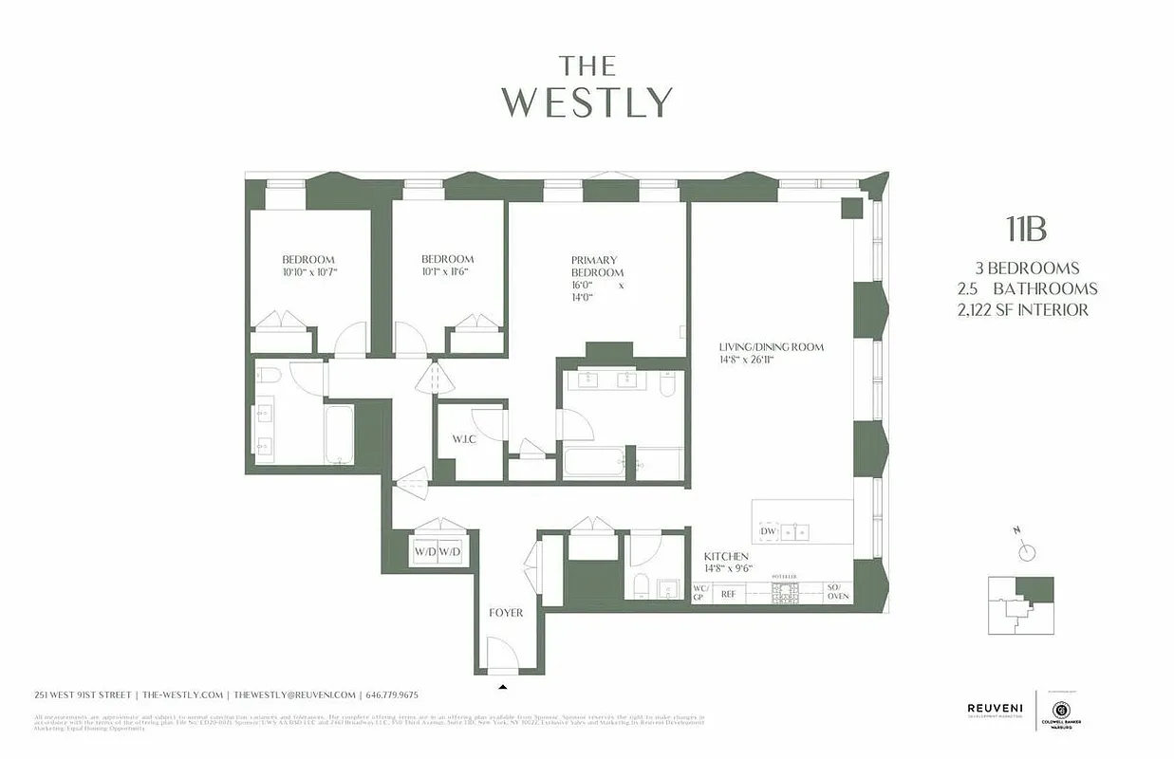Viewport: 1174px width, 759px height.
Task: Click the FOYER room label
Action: (506, 613)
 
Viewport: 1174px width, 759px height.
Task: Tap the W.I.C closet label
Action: (463, 439)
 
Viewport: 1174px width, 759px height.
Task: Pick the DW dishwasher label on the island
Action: (768, 531)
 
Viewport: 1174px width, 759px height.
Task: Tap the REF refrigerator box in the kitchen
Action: (729, 595)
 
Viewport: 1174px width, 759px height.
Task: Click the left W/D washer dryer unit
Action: (424, 552)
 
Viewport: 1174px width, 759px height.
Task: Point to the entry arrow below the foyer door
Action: (503, 686)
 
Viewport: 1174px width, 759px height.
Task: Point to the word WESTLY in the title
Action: (587, 102)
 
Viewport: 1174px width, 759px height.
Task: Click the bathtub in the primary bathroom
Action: (593, 464)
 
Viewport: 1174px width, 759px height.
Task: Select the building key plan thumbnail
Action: (1020, 605)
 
